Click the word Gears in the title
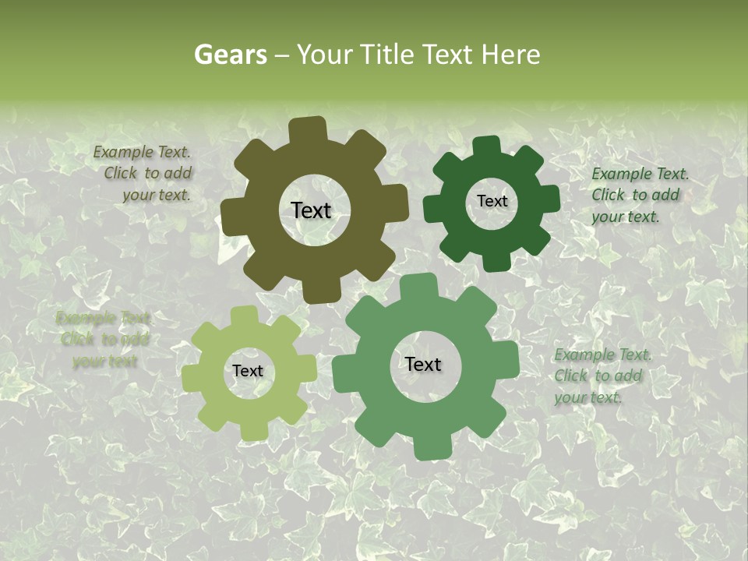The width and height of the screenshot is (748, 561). coord(228,55)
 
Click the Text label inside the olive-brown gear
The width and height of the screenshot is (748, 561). coord(311,210)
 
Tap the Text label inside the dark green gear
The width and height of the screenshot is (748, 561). coord(492,201)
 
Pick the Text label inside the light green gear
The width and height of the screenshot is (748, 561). coord(248,371)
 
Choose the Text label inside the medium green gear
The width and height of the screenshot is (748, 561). coord(423,364)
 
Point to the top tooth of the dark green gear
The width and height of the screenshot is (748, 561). coord(486,146)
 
